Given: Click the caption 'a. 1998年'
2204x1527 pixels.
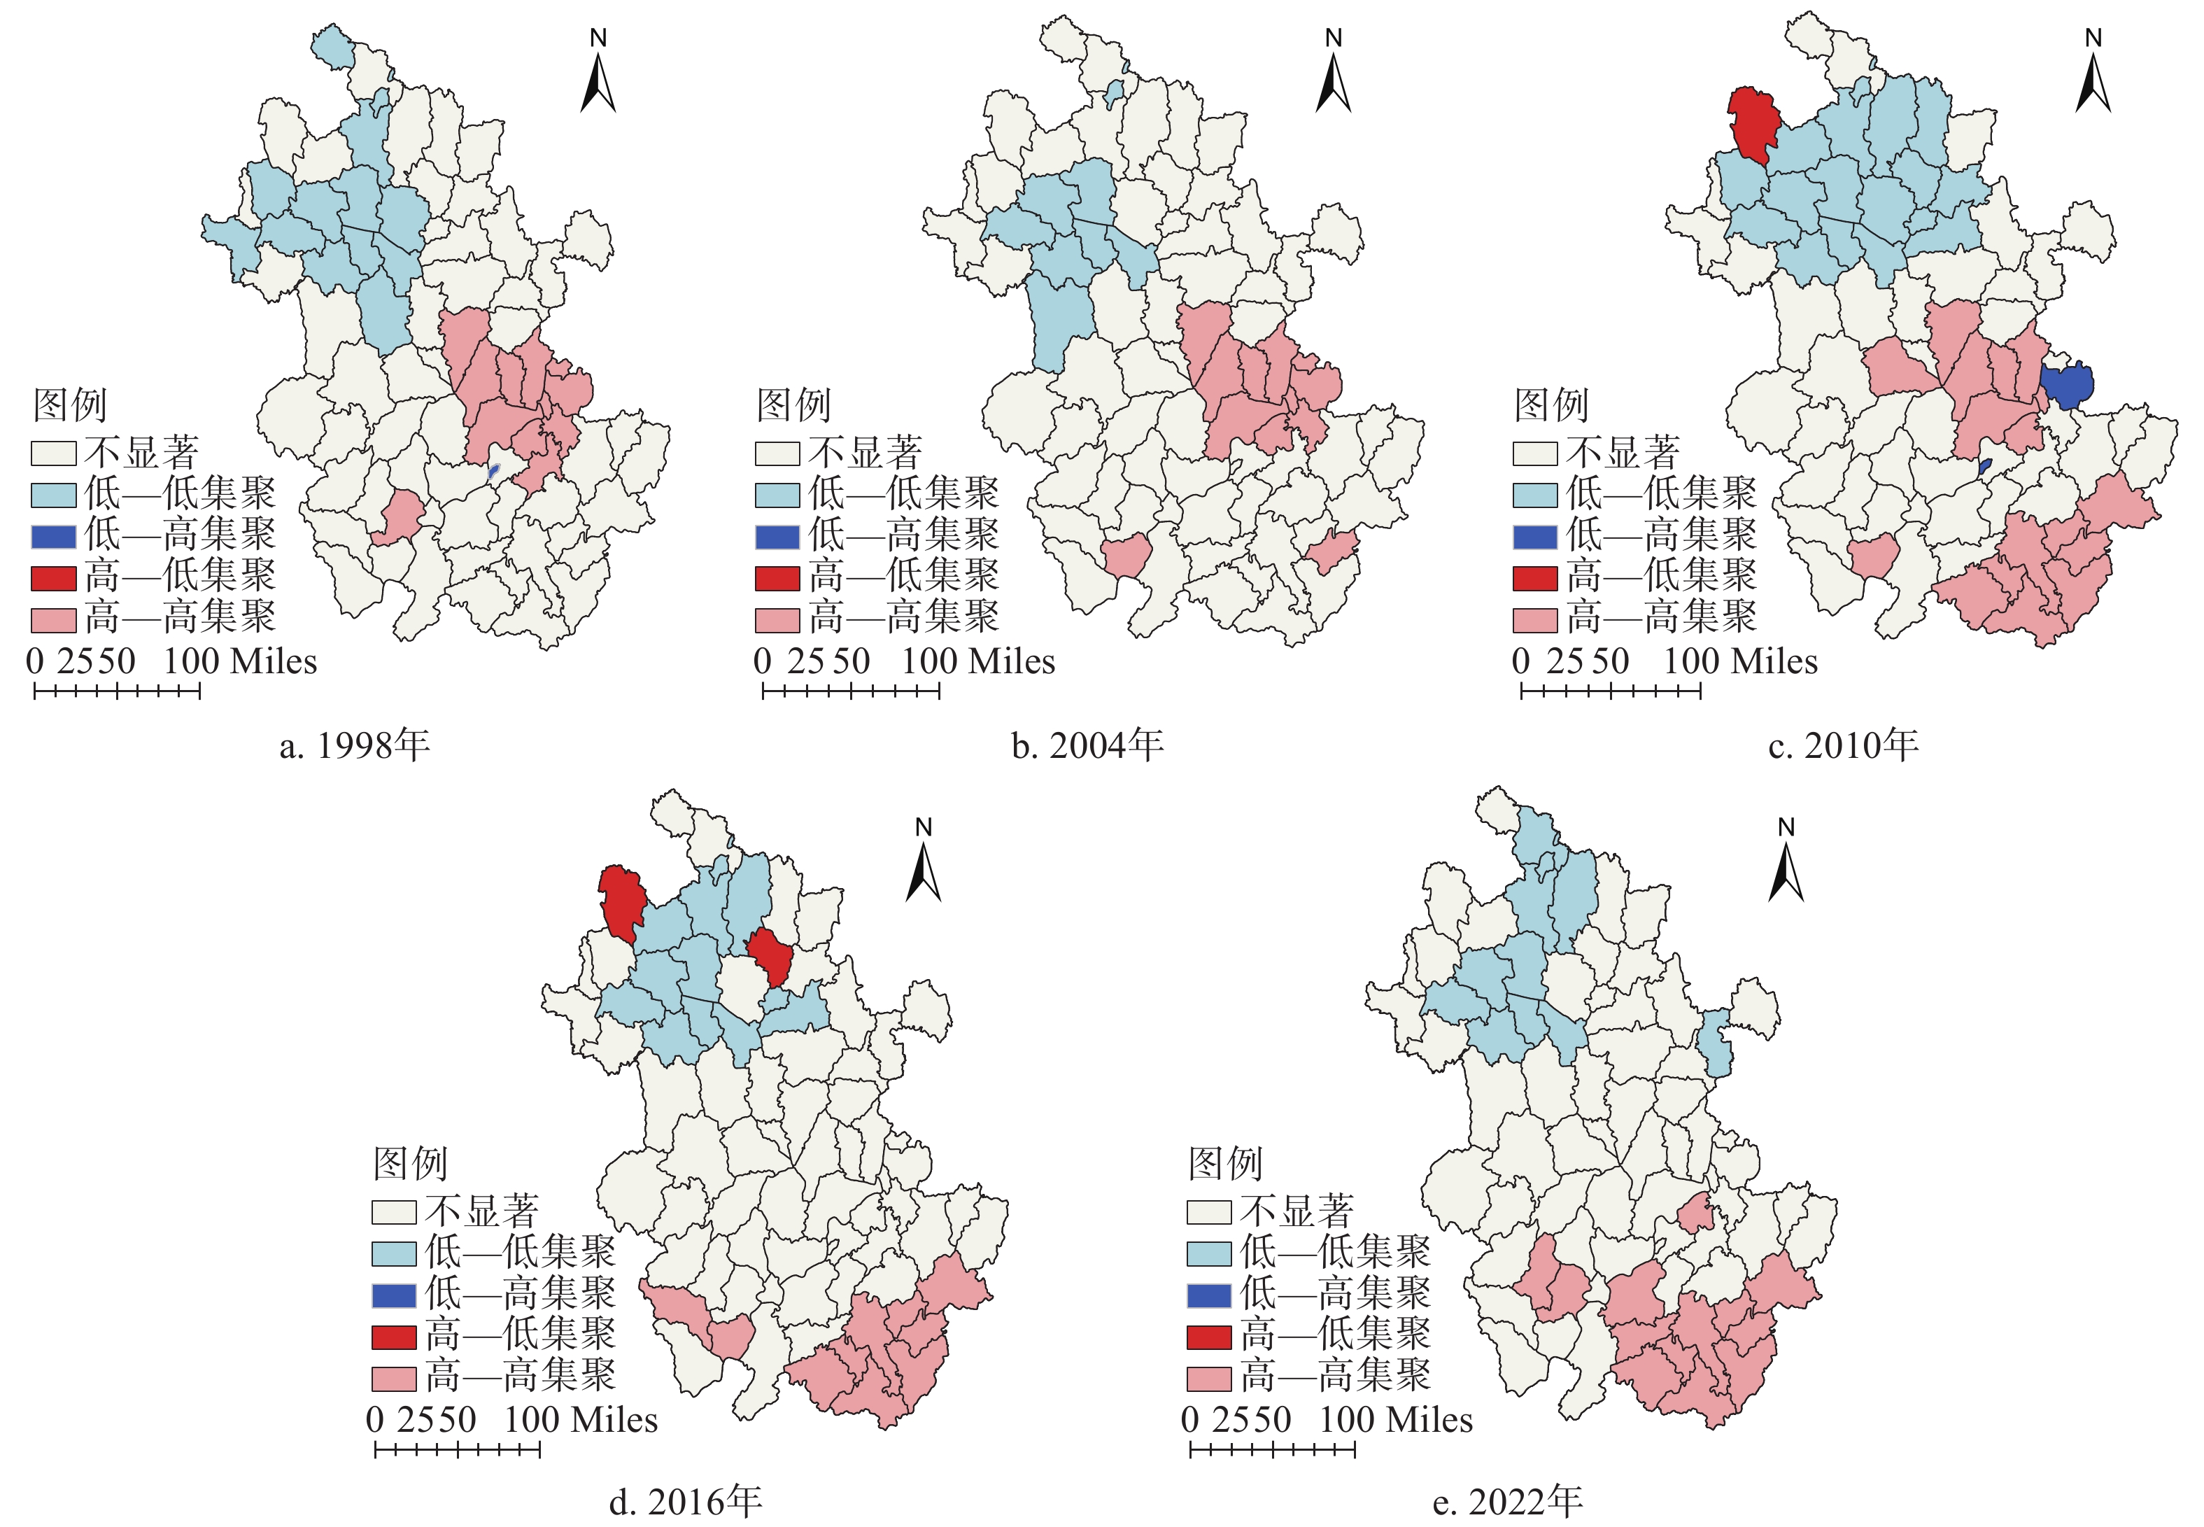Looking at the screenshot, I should tap(354, 745).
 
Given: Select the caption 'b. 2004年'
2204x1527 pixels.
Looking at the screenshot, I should tap(1087, 745).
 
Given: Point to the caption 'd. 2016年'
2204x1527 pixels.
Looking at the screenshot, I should tap(685, 1501).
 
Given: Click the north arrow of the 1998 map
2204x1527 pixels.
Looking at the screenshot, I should tap(598, 76).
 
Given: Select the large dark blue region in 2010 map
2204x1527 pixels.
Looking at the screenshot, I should tap(2066, 386).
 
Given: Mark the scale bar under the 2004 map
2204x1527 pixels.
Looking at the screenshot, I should tap(850, 691).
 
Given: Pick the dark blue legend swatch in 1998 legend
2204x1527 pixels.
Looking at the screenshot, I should tap(54, 536).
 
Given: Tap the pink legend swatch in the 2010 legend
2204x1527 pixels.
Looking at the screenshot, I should tap(1534, 619).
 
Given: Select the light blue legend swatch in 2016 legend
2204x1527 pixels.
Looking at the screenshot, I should tap(393, 1253).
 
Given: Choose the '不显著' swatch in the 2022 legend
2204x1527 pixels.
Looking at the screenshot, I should tap(1208, 1211).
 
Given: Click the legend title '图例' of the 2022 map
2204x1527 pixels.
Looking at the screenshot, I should tap(1224, 1163).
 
